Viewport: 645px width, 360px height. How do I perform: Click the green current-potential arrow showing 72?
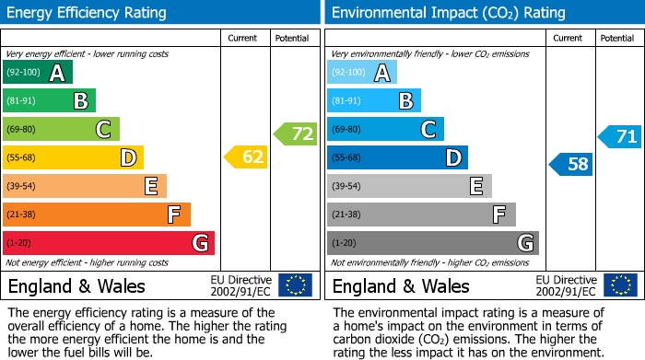[296, 134]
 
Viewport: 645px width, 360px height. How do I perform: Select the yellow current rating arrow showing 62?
[246, 157]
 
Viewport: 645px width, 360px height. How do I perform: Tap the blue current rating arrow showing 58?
[571, 165]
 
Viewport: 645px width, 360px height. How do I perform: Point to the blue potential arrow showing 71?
[620, 137]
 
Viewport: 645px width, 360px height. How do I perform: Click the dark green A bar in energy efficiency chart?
[37, 73]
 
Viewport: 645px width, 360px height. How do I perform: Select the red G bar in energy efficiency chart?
[108, 243]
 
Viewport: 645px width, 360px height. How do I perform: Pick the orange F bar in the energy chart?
[96, 215]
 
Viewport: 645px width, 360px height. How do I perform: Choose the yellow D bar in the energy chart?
[73, 157]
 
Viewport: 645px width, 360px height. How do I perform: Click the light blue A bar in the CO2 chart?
[362, 73]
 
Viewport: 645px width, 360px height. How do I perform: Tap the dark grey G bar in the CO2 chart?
[432, 243]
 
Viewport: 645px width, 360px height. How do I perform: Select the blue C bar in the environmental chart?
[385, 129]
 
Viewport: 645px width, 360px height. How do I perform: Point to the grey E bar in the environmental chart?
[409, 186]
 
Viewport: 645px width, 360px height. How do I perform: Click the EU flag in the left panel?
[295, 285]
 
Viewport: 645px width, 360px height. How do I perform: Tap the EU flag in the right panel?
[619, 285]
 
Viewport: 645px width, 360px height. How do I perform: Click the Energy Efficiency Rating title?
[88, 13]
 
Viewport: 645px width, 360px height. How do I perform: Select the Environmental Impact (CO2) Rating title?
[448, 13]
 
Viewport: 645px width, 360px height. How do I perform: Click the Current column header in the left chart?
[243, 38]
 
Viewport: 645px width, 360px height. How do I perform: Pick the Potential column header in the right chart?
[616, 38]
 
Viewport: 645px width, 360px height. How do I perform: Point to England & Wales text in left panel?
[76, 285]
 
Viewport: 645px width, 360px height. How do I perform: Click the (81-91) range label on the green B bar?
[23, 101]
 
